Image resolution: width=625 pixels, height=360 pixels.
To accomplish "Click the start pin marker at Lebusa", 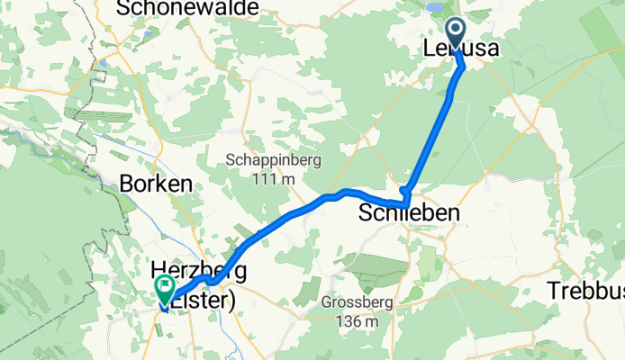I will [x=456, y=34].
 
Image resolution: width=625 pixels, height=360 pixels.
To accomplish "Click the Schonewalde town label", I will [x=187, y=8].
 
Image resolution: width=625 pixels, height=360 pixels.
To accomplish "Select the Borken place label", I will [x=156, y=183].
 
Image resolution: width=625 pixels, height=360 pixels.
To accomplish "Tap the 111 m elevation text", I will [x=276, y=179].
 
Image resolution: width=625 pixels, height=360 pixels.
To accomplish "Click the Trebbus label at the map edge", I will [x=585, y=291].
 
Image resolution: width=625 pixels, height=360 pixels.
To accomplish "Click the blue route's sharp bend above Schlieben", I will [x=406, y=191].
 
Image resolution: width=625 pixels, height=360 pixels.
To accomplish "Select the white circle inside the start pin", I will [x=456, y=30].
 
